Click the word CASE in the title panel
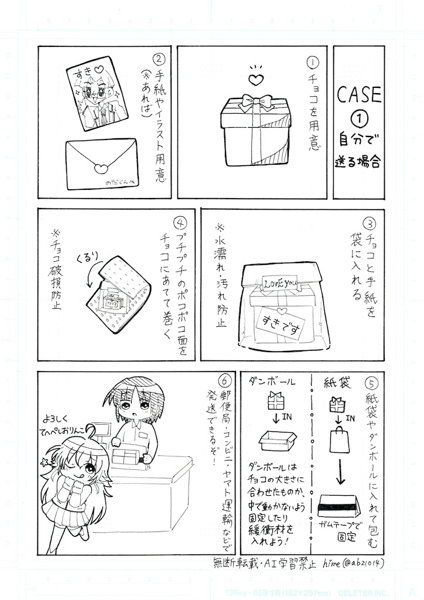click(x=358, y=95)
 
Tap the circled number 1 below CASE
click(x=358, y=118)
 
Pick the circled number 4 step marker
click(x=181, y=224)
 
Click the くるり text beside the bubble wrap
click(x=87, y=258)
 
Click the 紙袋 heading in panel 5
click(x=337, y=383)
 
